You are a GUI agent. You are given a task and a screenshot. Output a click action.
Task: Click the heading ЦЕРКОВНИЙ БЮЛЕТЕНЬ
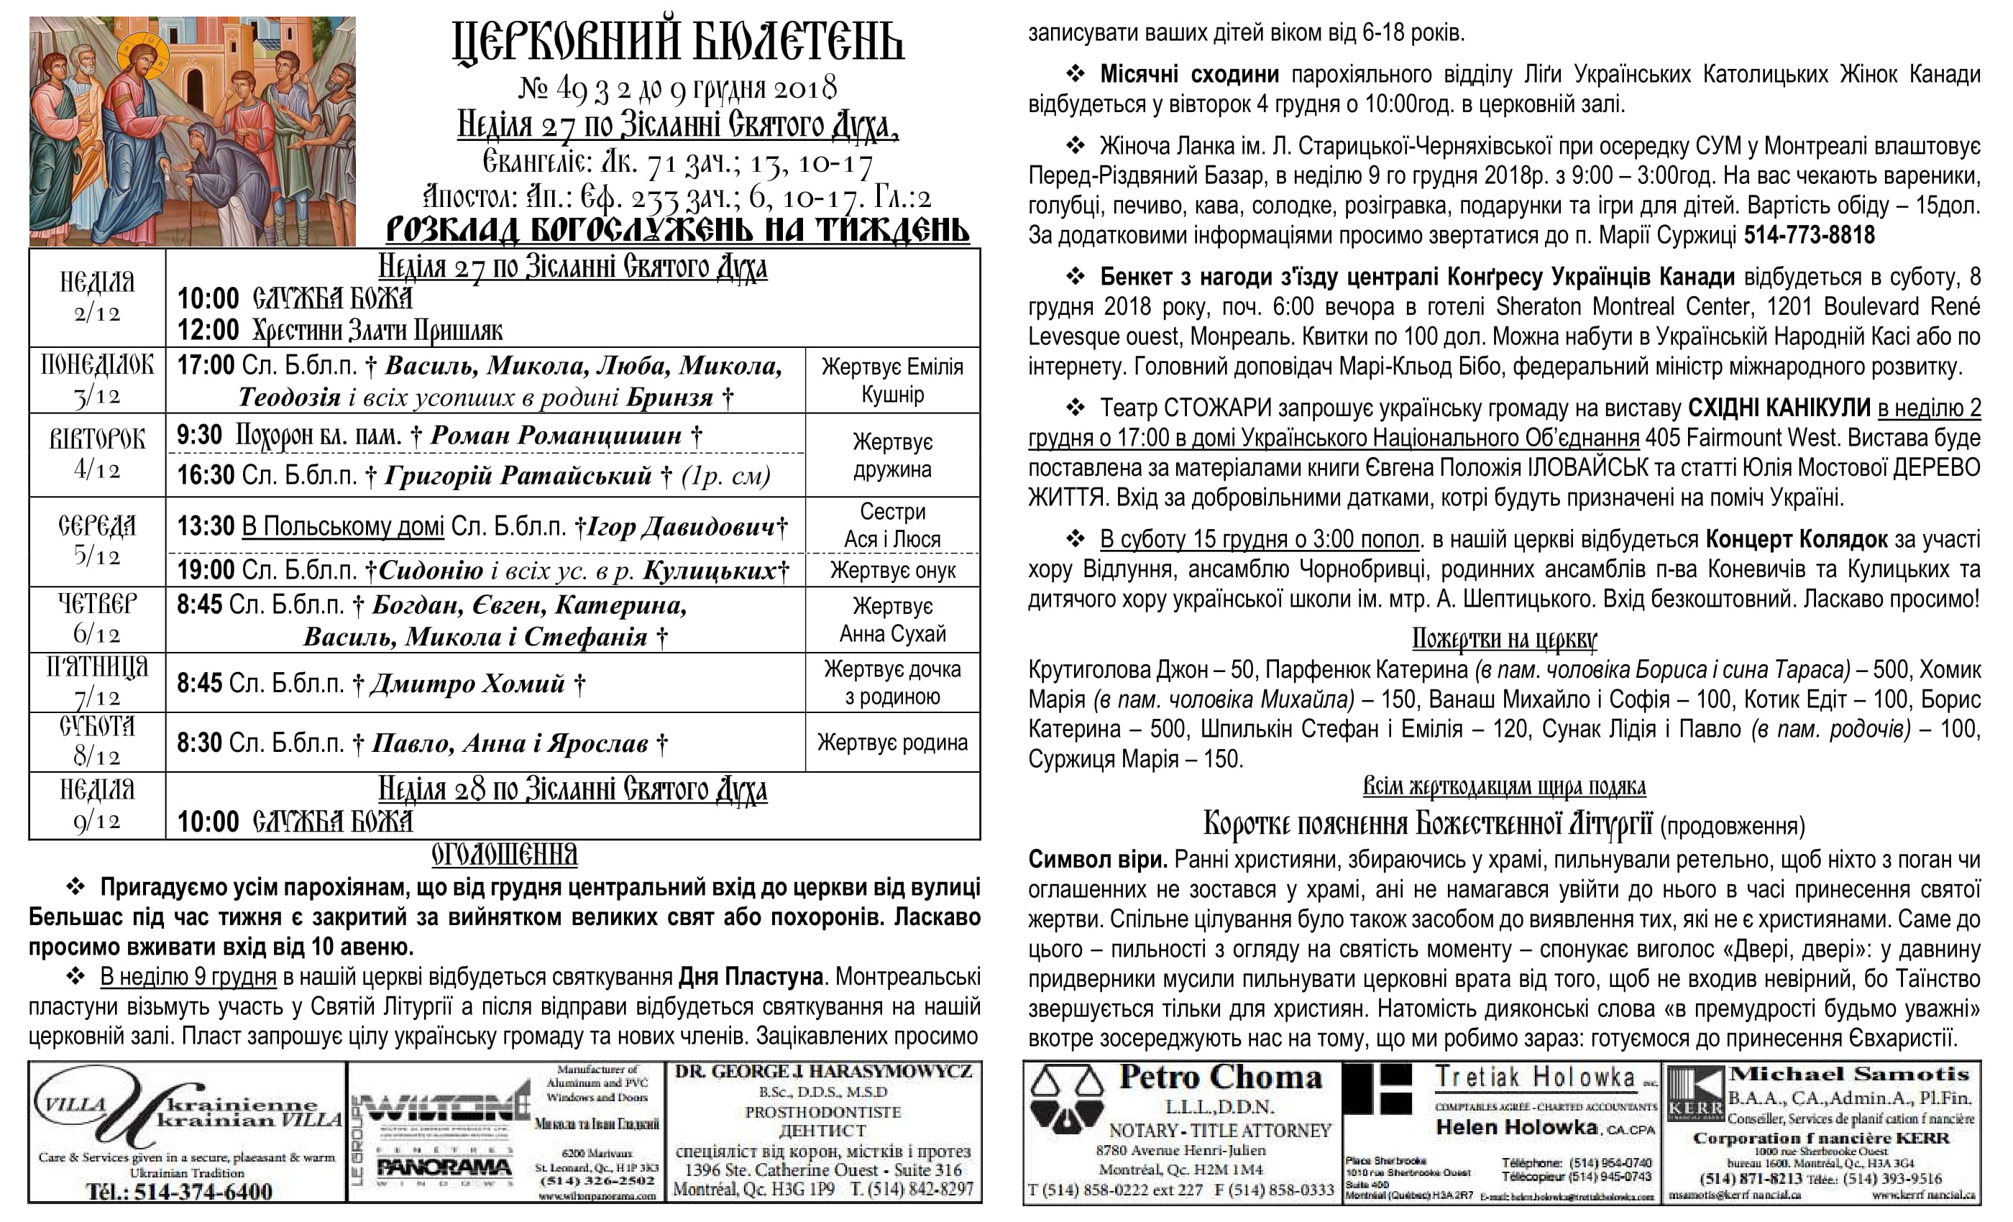pyautogui.click(x=677, y=42)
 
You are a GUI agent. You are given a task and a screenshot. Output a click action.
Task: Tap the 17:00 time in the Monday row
pyautogui.click(x=206, y=365)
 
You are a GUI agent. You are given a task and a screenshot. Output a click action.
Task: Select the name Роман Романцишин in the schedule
pyautogui.click(x=556, y=436)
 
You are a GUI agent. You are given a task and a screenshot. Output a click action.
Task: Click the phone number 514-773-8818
pyautogui.click(x=1809, y=235)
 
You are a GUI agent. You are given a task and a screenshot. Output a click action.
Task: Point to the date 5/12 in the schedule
pyautogui.click(x=96, y=556)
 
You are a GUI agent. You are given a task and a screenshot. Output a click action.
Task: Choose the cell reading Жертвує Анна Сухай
pyautogui.click(x=892, y=620)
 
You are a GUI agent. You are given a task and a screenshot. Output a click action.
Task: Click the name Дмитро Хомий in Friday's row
pyautogui.click(x=467, y=683)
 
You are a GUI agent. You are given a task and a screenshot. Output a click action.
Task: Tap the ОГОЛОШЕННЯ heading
pyautogui.click(x=504, y=855)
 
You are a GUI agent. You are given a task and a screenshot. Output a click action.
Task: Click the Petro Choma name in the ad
pyautogui.click(x=1221, y=1078)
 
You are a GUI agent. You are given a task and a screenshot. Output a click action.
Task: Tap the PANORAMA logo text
pyautogui.click(x=444, y=1166)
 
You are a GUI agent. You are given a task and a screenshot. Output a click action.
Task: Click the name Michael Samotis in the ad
pyautogui.click(x=1849, y=1074)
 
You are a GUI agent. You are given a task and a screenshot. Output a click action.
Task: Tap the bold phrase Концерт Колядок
pyautogui.click(x=1796, y=540)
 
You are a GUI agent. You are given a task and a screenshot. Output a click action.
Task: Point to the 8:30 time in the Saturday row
pyautogui.click(x=199, y=743)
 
